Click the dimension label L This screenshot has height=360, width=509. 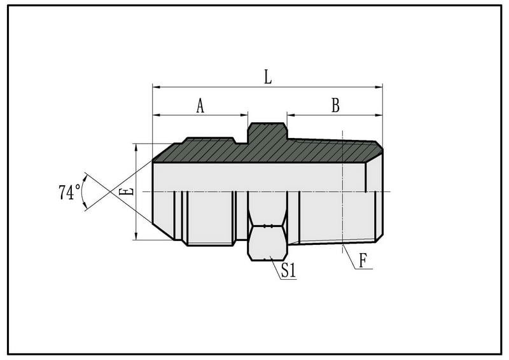(268, 77)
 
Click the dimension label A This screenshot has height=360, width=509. (200, 106)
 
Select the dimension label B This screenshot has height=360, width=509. (335, 105)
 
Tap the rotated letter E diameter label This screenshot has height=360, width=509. (126, 191)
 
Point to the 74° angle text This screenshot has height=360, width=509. (69, 192)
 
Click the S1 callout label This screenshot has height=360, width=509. (289, 270)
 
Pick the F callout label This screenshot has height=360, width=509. (363, 260)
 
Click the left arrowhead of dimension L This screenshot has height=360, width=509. (157, 87)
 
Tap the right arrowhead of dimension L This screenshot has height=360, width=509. (379, 87)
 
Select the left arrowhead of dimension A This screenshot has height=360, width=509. (157, 114)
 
